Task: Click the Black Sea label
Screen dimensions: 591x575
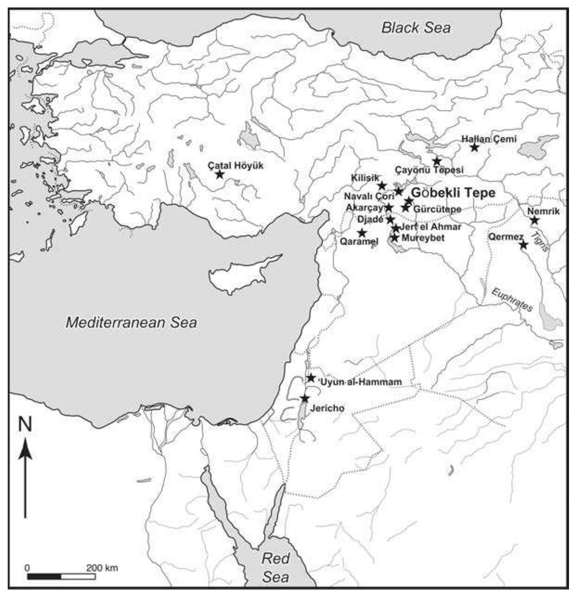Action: [x=416, y=27]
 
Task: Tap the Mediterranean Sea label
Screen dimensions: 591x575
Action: [x=131, y=322]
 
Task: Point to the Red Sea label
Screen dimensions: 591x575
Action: [x=276, y=567]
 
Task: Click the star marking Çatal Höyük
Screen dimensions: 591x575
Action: [x=220, y=175]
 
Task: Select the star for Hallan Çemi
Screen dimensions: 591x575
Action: [x=474, y=147]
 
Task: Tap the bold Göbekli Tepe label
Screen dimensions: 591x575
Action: [x=453, y=192]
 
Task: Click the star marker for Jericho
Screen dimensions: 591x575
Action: [x=305, y=398]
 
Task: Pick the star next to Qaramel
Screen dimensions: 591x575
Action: [x=362, y=233]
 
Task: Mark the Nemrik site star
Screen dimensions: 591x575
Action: [x=534, y=220]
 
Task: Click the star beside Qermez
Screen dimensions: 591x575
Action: [x=523, y=245]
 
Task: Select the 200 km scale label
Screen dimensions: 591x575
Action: [x=102, y=567]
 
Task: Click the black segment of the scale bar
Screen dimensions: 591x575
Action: [x=44, y=577]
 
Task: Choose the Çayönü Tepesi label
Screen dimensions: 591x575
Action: [x=429, y=170]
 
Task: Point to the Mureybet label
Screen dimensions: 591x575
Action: [x=423, y=238]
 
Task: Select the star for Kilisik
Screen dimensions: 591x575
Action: [x=382, y=186]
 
